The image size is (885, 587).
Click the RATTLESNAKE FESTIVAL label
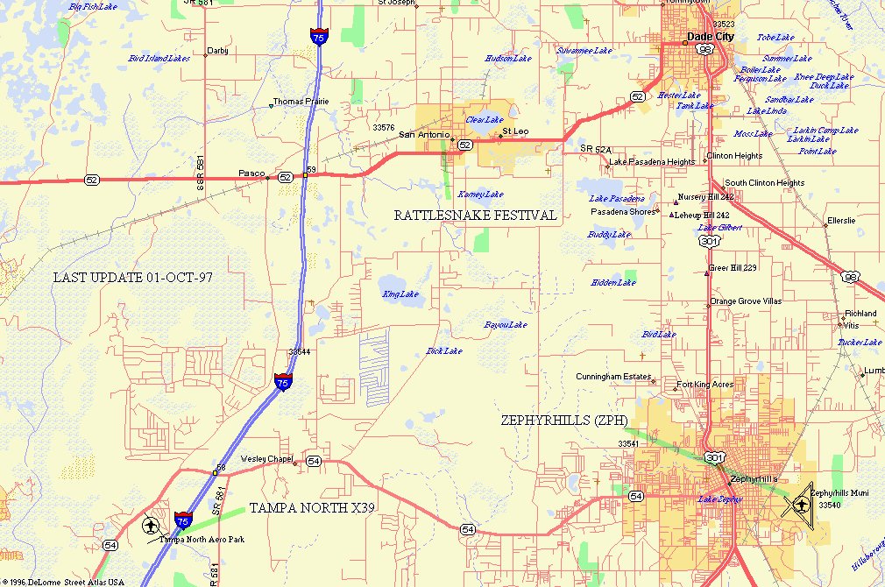475,216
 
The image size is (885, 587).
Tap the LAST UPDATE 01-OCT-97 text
133,277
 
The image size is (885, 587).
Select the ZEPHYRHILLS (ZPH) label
564,421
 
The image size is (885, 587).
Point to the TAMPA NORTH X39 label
312,508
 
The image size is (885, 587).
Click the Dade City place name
712,38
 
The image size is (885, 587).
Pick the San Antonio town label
424,135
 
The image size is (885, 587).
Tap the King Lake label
400,294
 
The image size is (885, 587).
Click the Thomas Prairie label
301,102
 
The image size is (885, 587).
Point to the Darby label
217,51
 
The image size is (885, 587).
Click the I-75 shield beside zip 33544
282,382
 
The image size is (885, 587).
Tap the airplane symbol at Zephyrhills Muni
801,506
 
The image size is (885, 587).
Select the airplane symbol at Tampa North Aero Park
151,526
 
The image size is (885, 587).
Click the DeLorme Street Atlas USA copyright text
63,582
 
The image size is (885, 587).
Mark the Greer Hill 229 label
733,268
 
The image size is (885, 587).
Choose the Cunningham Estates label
613,377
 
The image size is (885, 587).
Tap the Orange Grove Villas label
745,301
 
